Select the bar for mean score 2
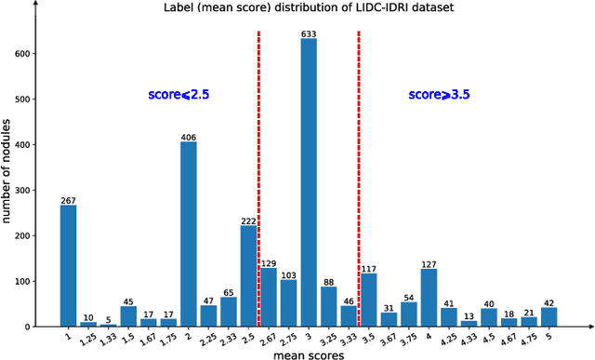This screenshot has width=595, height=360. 188,233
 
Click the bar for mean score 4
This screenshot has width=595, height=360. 429,298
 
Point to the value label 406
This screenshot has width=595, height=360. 188,137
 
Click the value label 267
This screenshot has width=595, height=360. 68,200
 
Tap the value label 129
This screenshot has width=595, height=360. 269,262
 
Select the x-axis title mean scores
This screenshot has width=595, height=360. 311,353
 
